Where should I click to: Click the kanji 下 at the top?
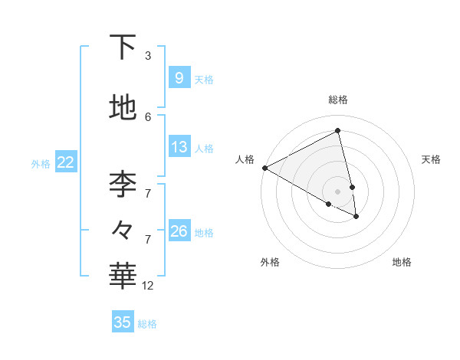[123, 47]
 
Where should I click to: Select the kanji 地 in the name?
[123, 108]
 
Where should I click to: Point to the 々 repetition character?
[123, 229]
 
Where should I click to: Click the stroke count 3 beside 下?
[148, 56]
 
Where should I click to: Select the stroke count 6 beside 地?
[148, 116]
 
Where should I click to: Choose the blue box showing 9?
[179, 78]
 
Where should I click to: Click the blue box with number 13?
[179, 147]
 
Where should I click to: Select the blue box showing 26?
[179, 231]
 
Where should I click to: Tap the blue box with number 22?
[66, 162]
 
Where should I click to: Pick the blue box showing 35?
[123, 322]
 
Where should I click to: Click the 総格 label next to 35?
[147, 324]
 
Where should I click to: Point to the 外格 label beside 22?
[41, 163]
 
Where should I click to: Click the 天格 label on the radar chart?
[431, 159]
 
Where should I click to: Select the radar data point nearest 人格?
[264, 168]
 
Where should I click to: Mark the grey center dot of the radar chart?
[338, 191]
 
